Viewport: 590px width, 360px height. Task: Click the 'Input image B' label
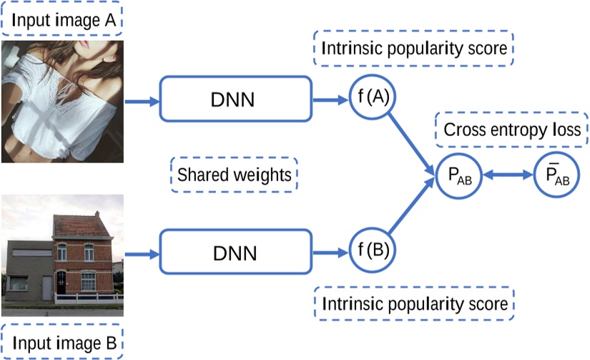[62, 341]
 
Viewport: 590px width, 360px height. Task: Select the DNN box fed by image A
[236, 98]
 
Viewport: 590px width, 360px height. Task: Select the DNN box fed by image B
[236, 252]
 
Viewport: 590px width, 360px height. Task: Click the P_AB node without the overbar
[458, 175]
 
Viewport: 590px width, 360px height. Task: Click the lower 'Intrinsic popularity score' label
[414, 303]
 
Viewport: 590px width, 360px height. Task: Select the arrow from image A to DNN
[142, 101]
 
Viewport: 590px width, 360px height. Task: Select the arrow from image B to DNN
[142, 253]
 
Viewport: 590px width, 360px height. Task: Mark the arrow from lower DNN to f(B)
[330, 253]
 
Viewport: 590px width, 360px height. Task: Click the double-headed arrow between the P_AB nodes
[506, 175]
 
